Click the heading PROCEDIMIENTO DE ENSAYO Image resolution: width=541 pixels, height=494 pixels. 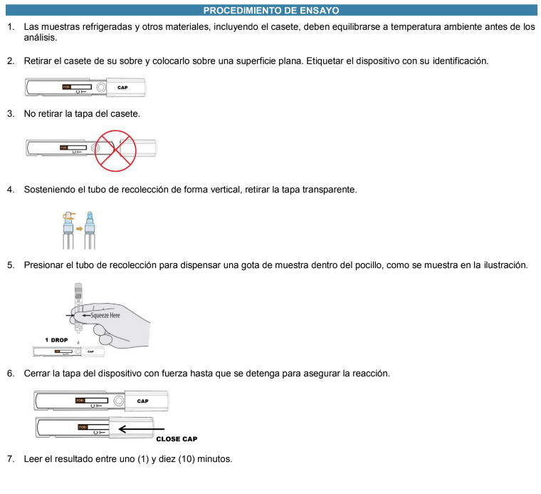[270, 10]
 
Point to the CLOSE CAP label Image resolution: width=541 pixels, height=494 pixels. [177, 439]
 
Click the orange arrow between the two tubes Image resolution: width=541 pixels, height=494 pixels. [79, 229]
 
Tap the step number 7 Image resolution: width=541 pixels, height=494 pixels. [10, 458]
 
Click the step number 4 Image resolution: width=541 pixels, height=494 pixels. [10, 190]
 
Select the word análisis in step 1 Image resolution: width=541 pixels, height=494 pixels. [41, 37]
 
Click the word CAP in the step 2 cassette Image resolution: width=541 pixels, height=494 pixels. [122, 88]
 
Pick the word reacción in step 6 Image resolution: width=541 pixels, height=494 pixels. [369, 374]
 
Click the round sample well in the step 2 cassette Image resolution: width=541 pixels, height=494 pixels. [101, 88]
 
